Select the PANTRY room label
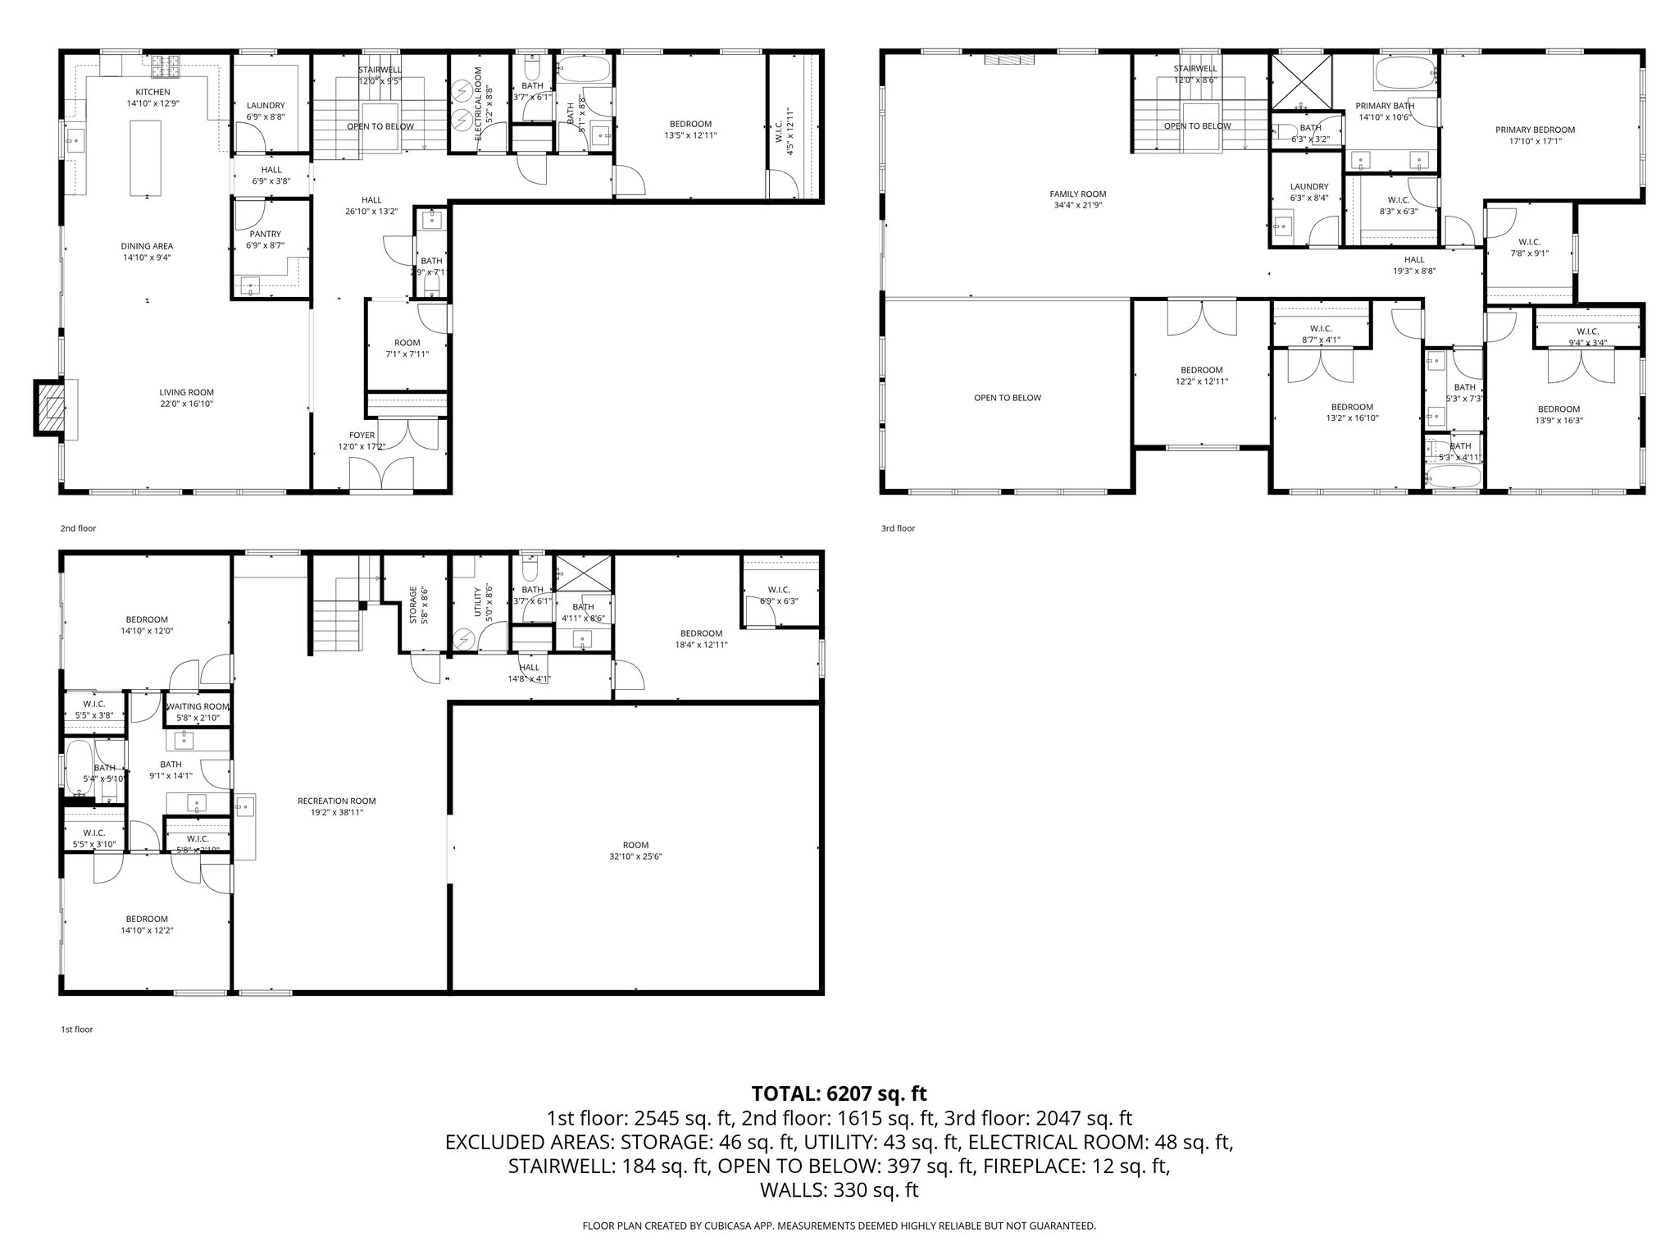point(265,234)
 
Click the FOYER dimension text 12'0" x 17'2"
point(362,447)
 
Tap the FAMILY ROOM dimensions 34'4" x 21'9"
point(1077,205)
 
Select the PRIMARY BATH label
point(1385,106)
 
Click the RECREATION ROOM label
point(336,801)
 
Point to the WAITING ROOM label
point(198,706)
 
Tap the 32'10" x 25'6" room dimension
point(635,856)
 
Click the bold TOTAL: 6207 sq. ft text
point(839,1093)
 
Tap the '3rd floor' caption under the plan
point(898,528)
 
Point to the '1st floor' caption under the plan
point(76,1029)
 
